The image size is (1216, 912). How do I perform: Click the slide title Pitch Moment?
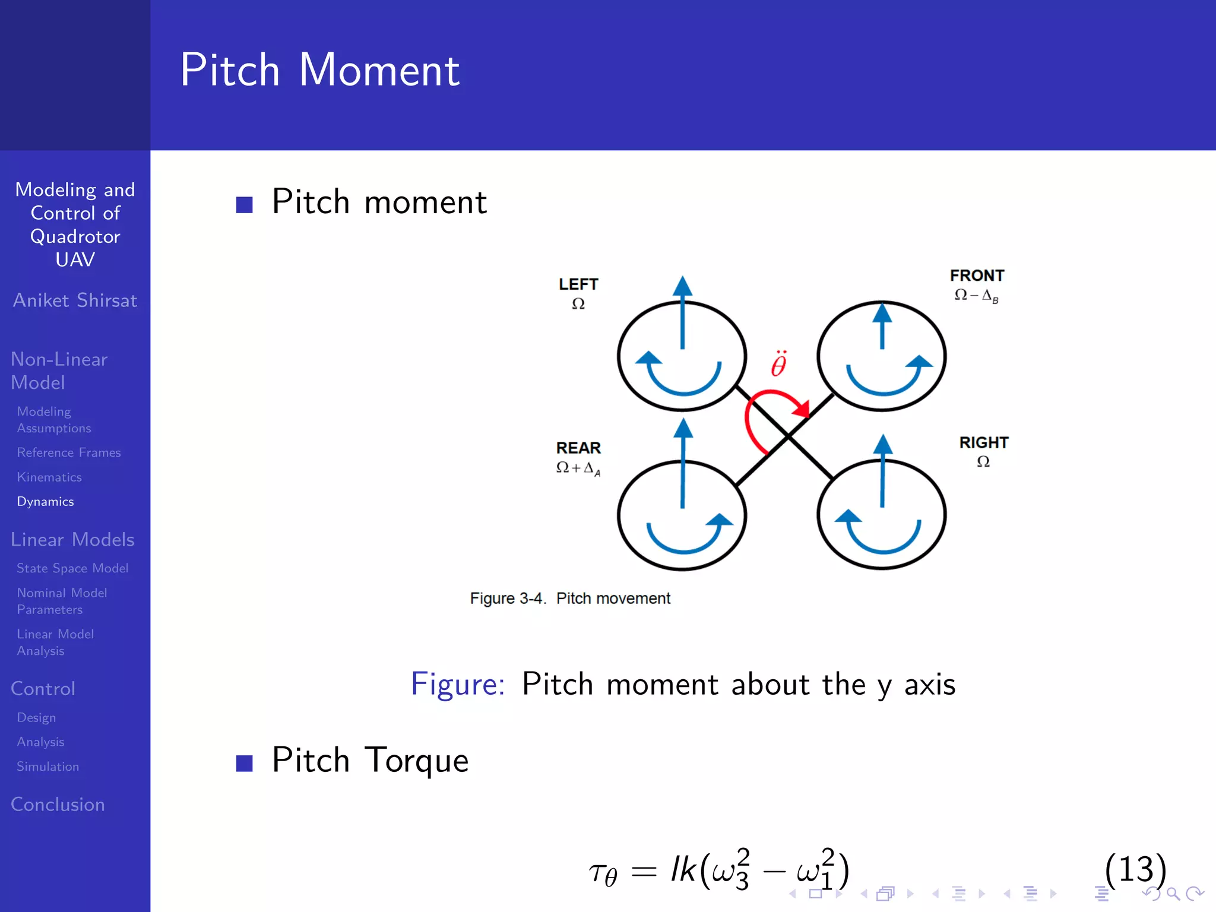point(319,70)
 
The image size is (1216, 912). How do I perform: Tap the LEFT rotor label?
point(578,284)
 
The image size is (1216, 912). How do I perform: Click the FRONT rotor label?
point(977,275)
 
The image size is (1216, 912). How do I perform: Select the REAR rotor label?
point(578,448)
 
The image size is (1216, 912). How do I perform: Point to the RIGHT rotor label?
point(983,442)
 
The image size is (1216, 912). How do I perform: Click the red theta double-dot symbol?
point(778,364)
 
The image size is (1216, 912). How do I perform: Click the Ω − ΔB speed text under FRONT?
point(976,296)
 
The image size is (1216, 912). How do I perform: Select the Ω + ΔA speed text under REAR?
point(578,468)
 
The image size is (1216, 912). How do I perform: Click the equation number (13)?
point(1135,869)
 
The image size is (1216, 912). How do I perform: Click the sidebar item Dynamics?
point(45,502)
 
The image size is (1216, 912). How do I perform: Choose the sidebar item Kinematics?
point(49,477)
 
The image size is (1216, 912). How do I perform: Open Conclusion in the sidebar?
point(58,805)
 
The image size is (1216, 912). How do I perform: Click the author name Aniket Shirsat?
point(75,300)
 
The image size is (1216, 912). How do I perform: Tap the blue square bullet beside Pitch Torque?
point(244,763)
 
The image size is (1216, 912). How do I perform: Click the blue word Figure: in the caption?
point(457,684)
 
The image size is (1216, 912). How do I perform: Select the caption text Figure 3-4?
point(507,598)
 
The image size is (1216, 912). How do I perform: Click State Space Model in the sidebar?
point(72,568)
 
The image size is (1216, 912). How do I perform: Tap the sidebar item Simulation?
point(47,767)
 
